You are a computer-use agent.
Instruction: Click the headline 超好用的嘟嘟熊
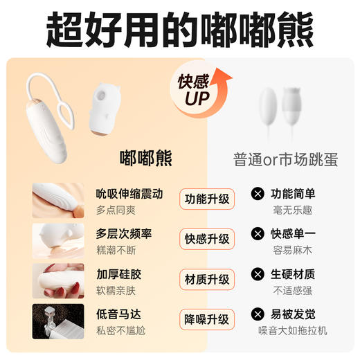click(180, 29)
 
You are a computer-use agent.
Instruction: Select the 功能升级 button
click(206, 199)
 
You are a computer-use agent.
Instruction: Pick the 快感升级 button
click(206, 240)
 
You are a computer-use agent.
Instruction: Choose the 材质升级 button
click(206, 280)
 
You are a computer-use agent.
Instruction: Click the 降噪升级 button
click(206, 320)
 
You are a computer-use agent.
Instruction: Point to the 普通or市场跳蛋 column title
click(285, 159)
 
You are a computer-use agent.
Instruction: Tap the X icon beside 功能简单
click(258, 193)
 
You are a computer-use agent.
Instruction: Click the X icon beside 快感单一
click(258, 233)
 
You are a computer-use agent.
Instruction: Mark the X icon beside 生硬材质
click(258, 273)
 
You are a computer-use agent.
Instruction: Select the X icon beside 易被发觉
click(258, 314)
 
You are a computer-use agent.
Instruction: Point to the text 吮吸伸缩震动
click(129, 193)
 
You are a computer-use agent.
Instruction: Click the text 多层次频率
click(124, 233)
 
